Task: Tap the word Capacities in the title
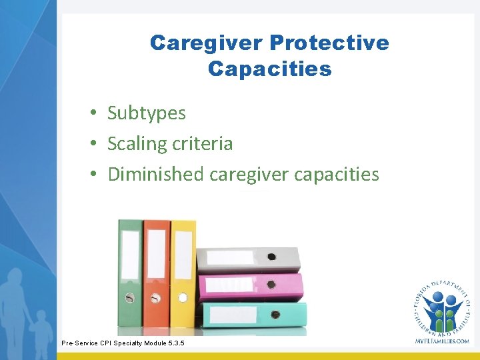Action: [269, 69]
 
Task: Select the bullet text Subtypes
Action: [147, 113]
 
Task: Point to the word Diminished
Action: [156, 175]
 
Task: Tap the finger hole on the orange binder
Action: [156, 298]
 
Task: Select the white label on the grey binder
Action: [229, 257]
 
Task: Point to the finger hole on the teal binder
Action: [275, 314]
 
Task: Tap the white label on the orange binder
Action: [156, 253]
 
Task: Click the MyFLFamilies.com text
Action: [441, 341]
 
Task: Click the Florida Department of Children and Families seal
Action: [441, 307]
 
